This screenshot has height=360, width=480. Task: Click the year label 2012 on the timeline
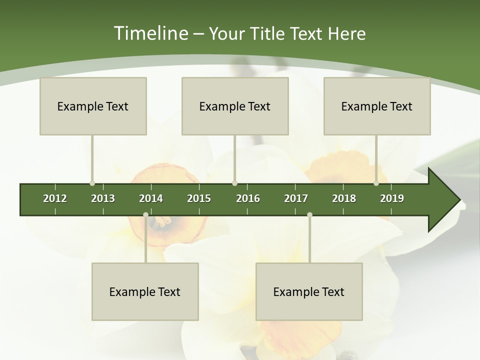(x=55, y=198)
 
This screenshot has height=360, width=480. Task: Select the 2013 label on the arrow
(x=103, y=198)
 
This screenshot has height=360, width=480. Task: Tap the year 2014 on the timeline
(x=151, y=198)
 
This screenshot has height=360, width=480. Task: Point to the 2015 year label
(x=199, y=198)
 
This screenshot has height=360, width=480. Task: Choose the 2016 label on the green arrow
(x=248, y=198)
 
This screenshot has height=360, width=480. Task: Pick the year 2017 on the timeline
(x=296, y=198)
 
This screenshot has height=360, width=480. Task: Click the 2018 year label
(x=344, y=198)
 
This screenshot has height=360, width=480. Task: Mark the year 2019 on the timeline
(x=392, y=198)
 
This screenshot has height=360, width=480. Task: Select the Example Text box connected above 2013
(x=93, y=106)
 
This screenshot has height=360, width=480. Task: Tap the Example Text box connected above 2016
(x=235, y=106)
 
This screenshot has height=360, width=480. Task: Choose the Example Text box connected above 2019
(x=377, y=106)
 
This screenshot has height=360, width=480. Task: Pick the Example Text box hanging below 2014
(x=145, y=292)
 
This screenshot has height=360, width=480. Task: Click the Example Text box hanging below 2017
(x=309, y=292)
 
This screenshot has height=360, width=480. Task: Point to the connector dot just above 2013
(x=92, y=183)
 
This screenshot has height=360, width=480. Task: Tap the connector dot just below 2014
(x=145, y=215)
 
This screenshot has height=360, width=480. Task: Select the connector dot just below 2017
(x=309, y=215)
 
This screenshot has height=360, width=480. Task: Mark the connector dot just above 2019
(x=376, y=183)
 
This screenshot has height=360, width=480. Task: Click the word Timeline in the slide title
(x=150, y=33)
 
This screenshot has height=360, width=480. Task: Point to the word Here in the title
(x=346, y=34)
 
